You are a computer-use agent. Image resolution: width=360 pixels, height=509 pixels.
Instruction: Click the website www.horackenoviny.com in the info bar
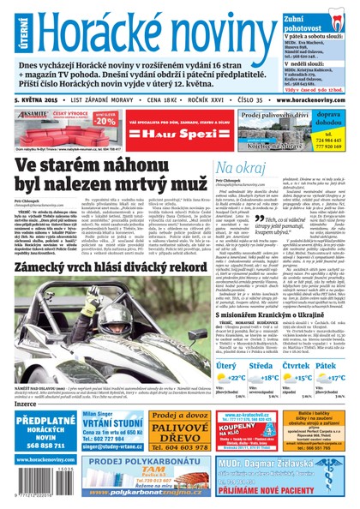[310, 99]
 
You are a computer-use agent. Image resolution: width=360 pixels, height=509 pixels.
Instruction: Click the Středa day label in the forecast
[264, 341]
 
